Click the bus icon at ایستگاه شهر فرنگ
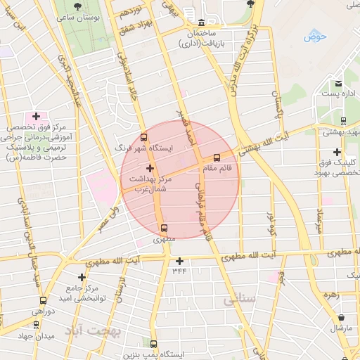(144, 138)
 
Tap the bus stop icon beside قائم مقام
(216, 158)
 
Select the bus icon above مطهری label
(164, 228)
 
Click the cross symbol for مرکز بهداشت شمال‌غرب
(149, 168)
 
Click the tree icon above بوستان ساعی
(77, 6)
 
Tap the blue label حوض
(316, 36)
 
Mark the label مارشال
(339, 328)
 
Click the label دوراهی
(43, 311)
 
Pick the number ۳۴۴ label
(179, 271)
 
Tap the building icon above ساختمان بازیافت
(202, 22)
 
